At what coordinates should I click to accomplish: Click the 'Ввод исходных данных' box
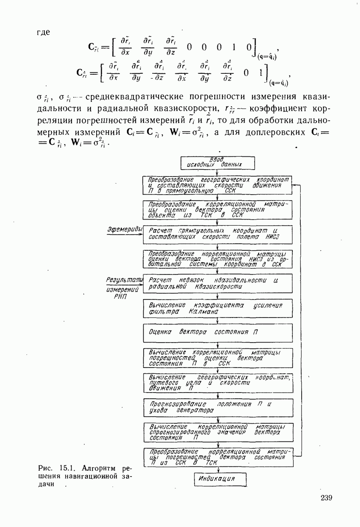click(x=218, y=162)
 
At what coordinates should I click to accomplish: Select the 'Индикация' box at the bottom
click(x=218, y=479)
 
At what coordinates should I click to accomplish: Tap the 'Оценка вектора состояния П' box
click(x=218, y=332)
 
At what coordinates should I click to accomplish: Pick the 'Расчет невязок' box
click(x=218, y=283)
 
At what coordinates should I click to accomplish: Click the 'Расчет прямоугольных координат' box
click(x=218, y=234)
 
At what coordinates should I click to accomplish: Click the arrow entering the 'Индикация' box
click(x=218, y=469)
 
